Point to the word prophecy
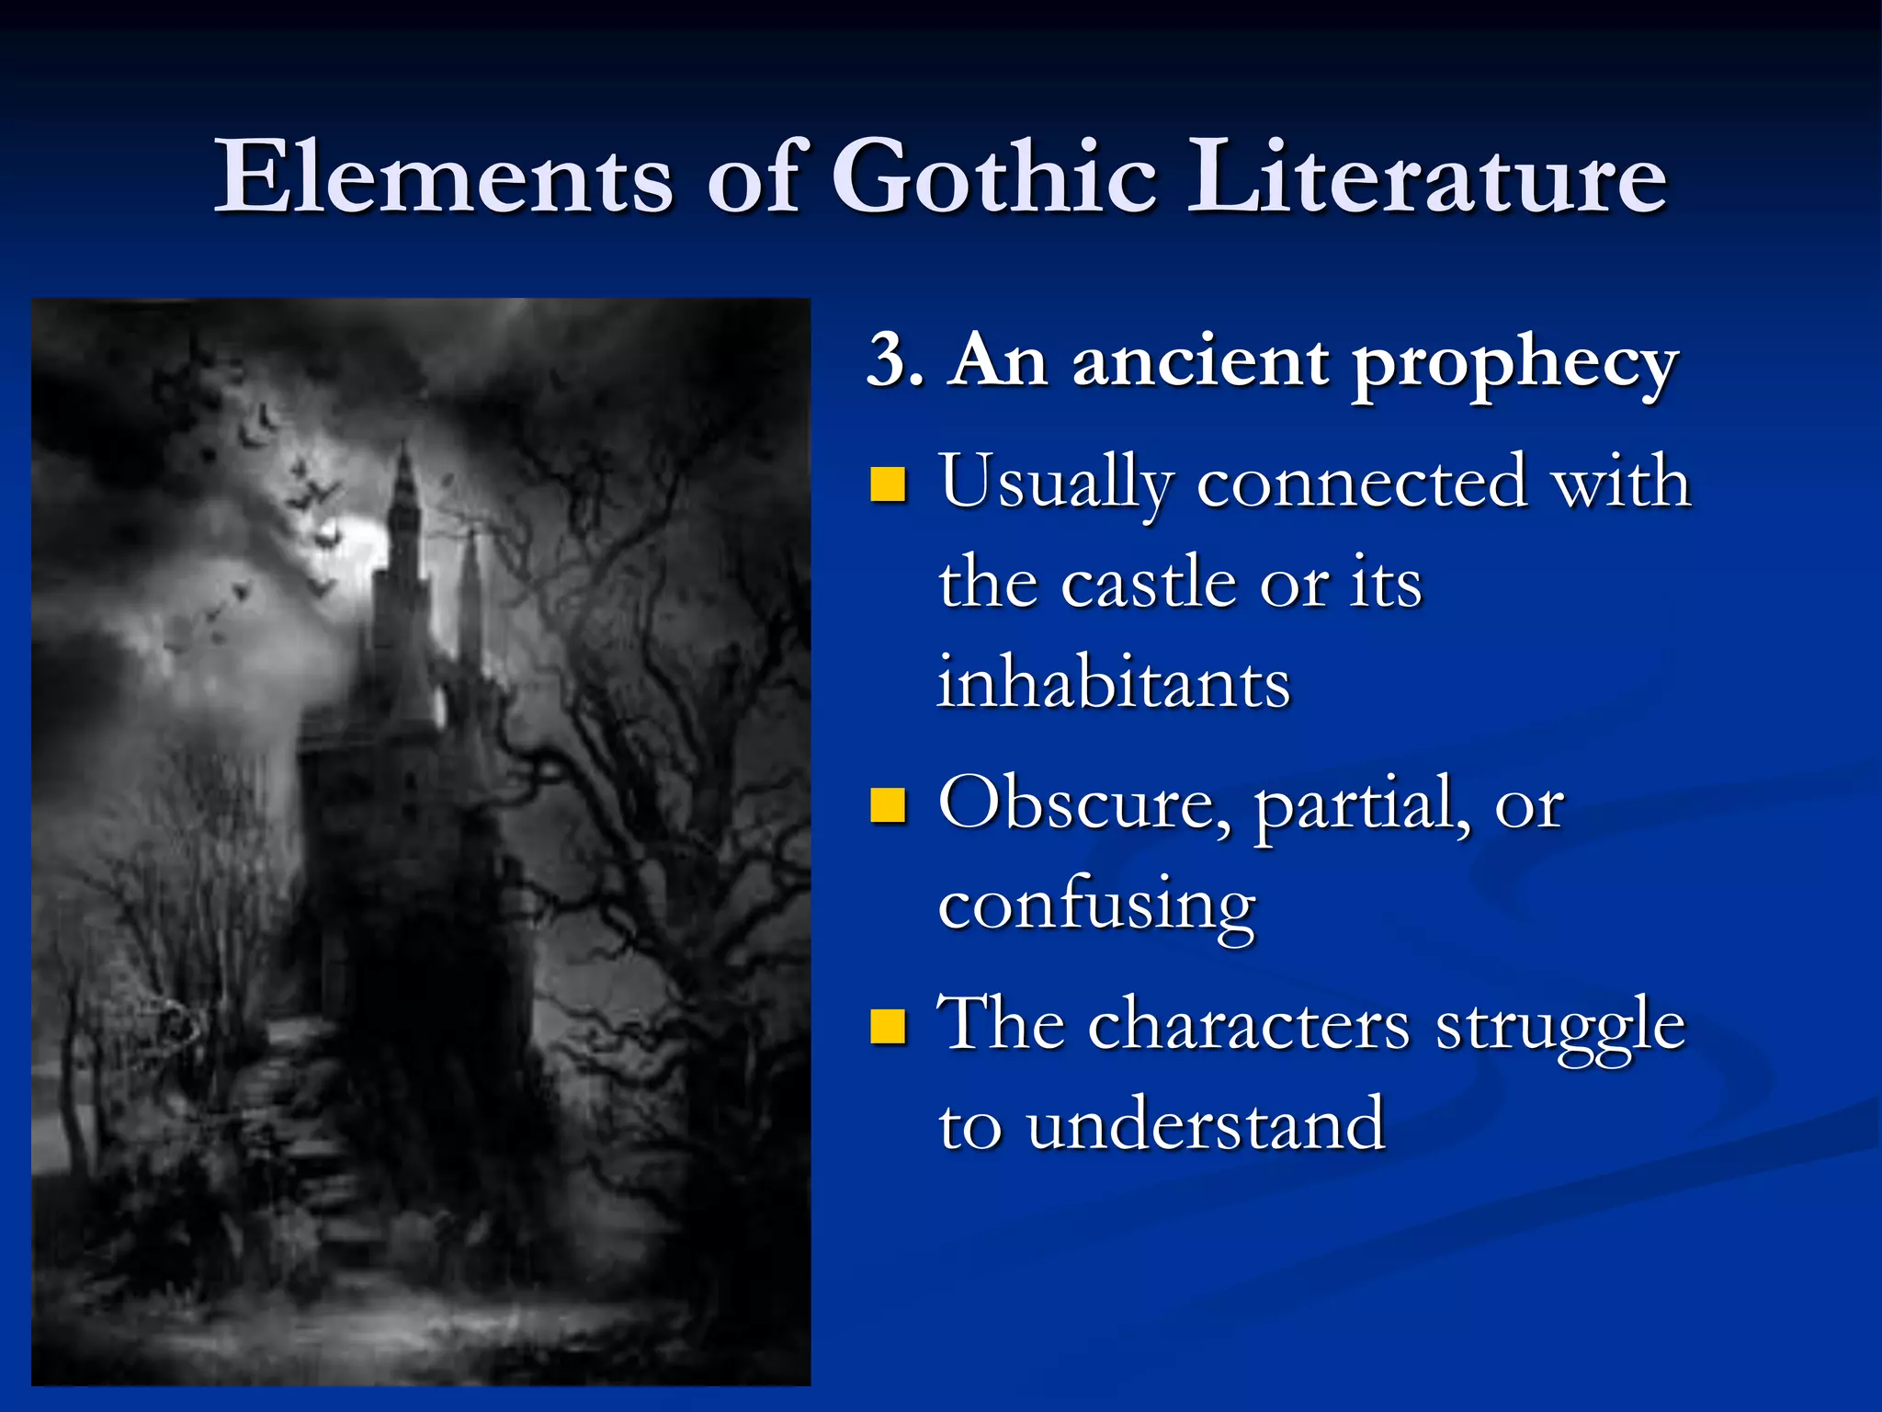coord(1514,364)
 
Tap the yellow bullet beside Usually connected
coord(888,484)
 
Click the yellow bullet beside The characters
coord(888,1026)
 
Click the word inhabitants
coord(1114,684)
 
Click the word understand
coord(1205,1125)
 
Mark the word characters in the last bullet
coord(1249,1026)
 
